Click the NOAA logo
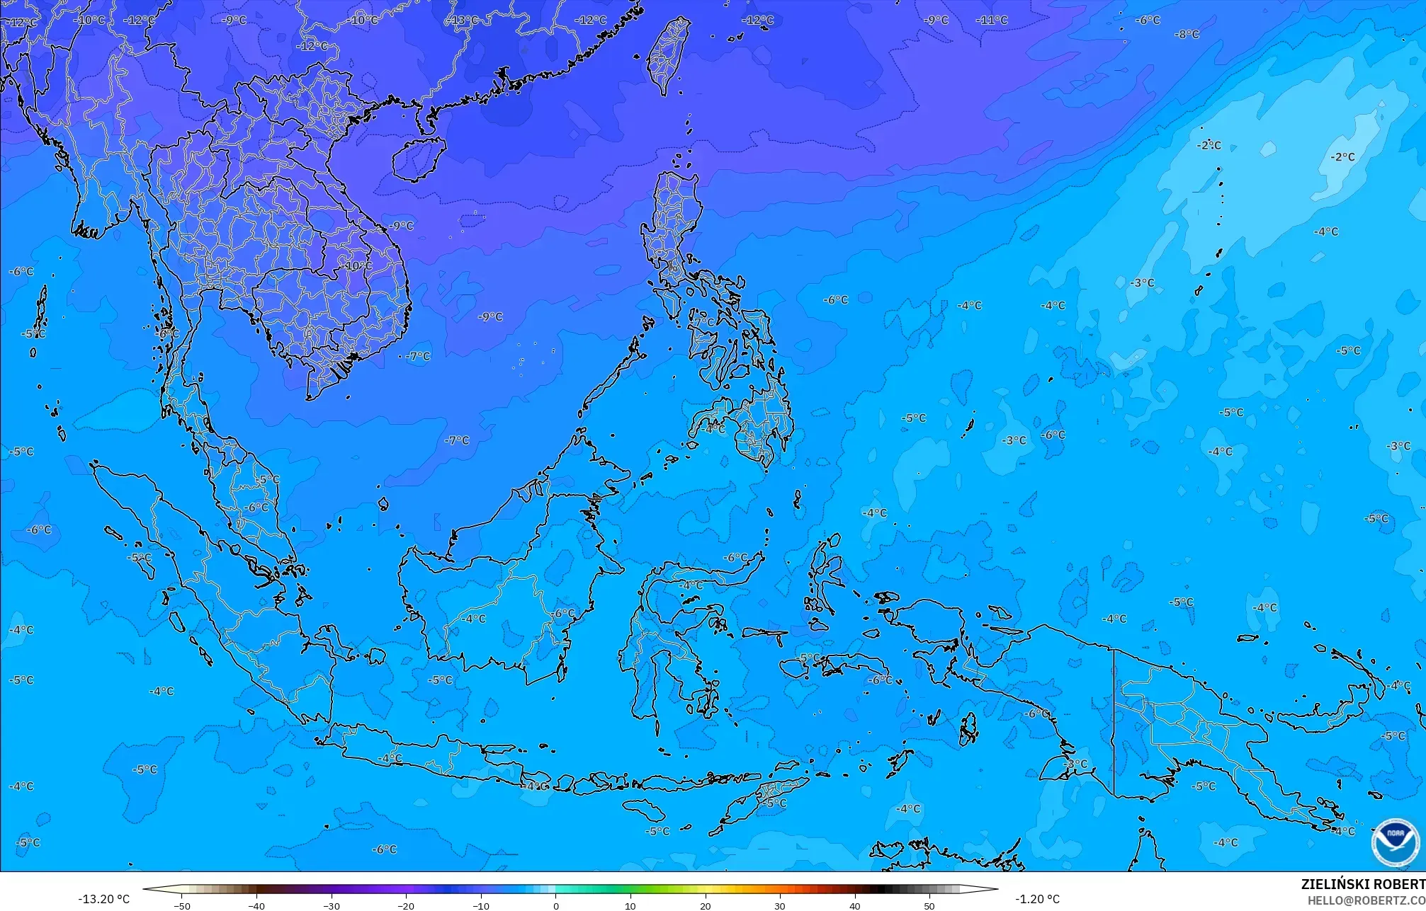(1395, 842)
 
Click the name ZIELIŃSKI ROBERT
(1362, 884)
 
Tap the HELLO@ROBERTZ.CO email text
(1366, 900)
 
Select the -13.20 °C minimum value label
(103, 899)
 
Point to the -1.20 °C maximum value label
(1037, 899)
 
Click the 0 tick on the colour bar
(556, 905)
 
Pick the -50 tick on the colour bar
(182, 905)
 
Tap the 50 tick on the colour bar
(929, 905)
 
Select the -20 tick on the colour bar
(406, 905)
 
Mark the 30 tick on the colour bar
(780, 905)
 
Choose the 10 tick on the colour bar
(630, 905)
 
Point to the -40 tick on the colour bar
(256, 905)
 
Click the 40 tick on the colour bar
(855, 905)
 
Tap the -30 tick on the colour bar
(332, 905)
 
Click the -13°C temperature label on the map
(464, 21)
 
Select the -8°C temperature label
(1187, 34)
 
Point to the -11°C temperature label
(992, 20)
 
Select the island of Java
(425, 761)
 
